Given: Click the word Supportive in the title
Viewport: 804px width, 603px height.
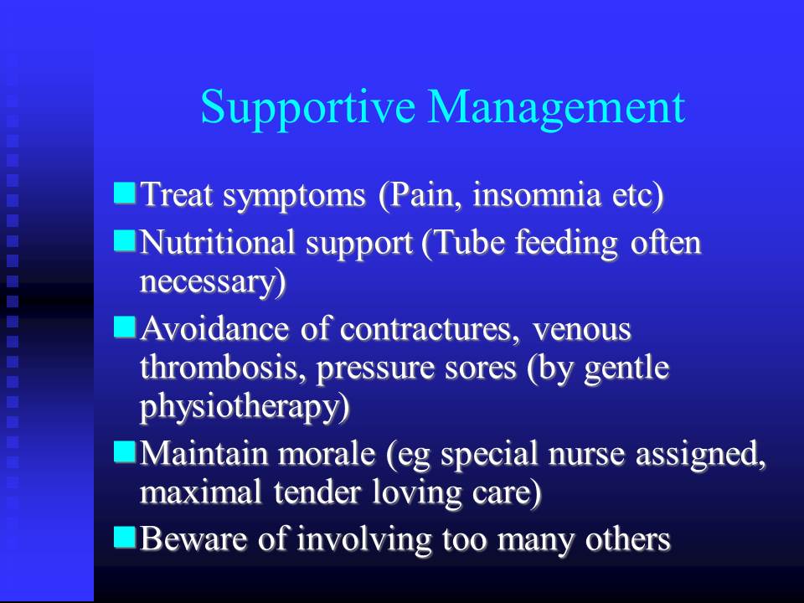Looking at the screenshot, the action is click(307, 109).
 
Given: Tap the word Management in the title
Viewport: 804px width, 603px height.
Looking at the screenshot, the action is click(557, 108).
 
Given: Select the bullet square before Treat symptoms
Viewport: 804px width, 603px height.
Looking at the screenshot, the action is click(125, 193).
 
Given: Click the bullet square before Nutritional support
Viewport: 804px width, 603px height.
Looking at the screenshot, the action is click(125, 240).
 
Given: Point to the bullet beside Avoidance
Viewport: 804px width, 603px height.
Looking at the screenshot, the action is click(125, 327).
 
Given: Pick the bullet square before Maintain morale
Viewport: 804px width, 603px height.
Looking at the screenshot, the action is click(125, 451).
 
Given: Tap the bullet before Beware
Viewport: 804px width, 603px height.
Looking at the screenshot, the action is click(125, 537).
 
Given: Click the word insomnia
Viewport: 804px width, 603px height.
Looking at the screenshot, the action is click(536, 195).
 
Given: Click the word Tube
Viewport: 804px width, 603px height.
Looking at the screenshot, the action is click(463, 243).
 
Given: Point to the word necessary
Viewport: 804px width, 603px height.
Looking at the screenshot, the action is click(208, 282).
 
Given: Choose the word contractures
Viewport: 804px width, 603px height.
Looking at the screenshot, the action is click(426, 329).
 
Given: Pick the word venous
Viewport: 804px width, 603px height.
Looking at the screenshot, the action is click(581, 330).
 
